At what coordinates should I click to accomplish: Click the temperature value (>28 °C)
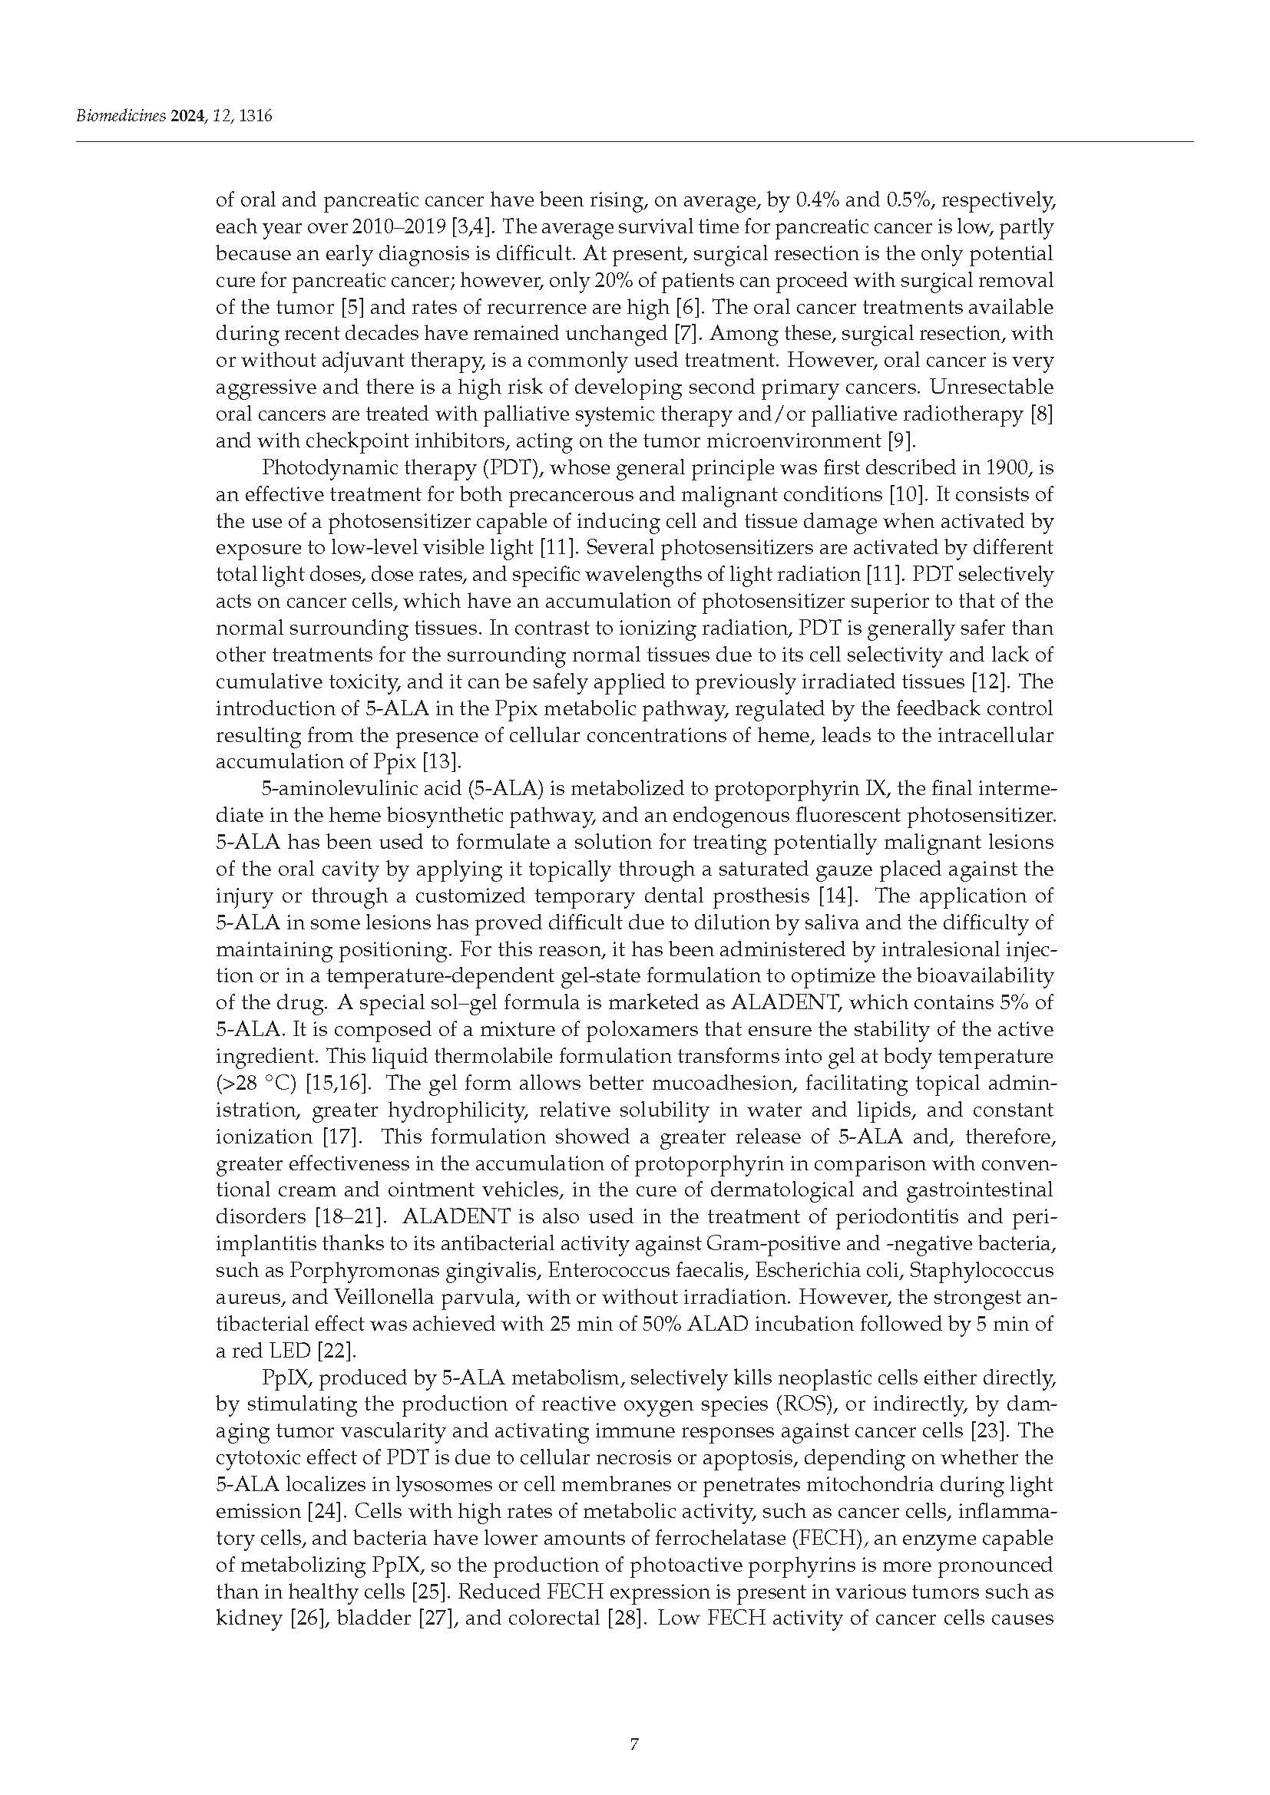(256, 1084)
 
